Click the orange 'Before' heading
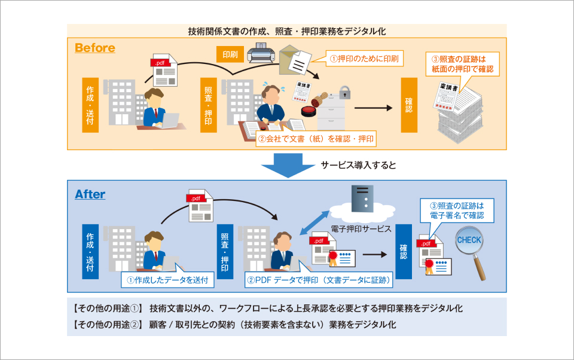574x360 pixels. [x=95, y=48]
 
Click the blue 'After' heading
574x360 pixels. [x=90, y=194]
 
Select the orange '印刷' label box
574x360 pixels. [x=230, y=55]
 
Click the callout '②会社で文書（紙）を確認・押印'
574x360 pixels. [x=315, y=139]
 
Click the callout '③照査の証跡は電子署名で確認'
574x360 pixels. [x=456, y=210]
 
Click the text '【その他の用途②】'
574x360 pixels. [x=107, y=325]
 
